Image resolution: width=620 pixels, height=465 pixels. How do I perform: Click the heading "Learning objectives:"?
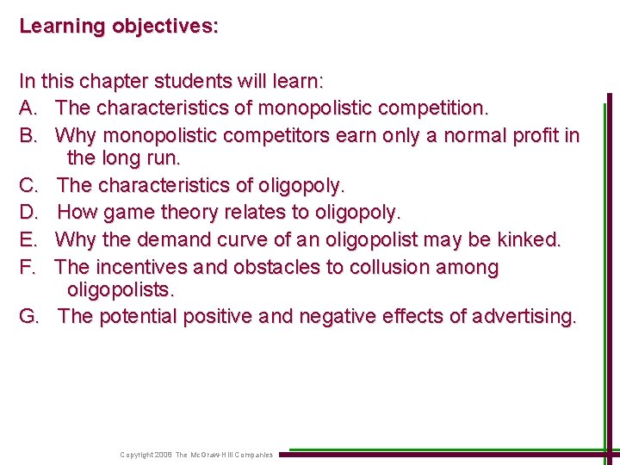[119, 26]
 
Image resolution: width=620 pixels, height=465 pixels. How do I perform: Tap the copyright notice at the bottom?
[196, 454]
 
